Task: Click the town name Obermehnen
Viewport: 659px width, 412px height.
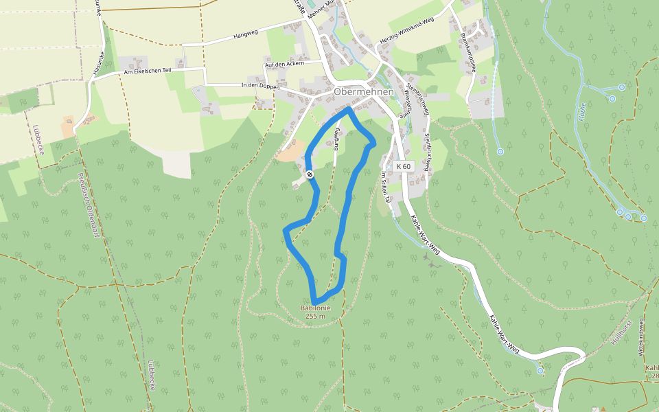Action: (x=364, y=92)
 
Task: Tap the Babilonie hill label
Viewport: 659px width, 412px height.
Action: (x=316, y=308)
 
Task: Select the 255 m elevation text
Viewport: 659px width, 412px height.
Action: (x=316, y=316)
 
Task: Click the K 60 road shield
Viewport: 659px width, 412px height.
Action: (x=404, y=166)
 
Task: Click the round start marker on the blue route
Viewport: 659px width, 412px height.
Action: (x=310, y=175)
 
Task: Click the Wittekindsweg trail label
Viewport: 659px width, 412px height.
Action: (x=641, y=337)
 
